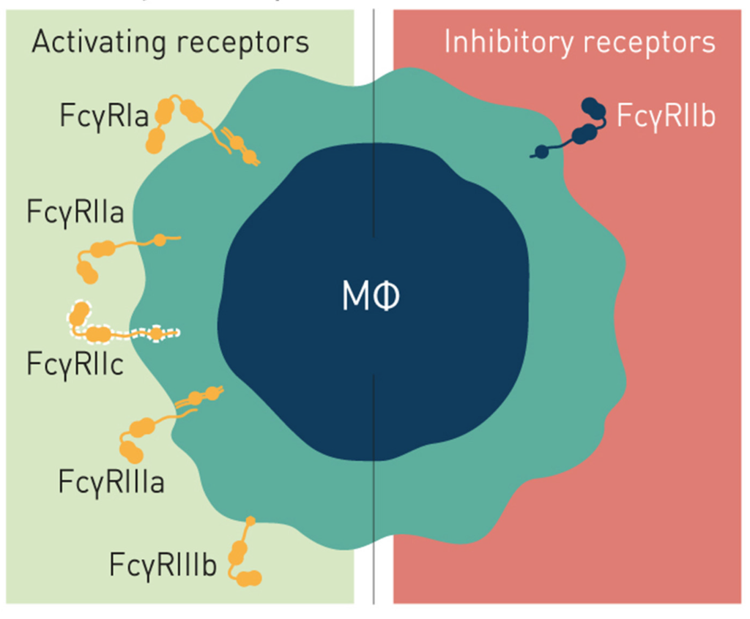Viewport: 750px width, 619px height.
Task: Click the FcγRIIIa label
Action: click(111, 483)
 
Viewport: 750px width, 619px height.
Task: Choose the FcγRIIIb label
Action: click(163, 566)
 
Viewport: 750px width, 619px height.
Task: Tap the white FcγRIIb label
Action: click(666, 116)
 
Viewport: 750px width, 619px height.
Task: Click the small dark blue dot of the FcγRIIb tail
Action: click(541, 152)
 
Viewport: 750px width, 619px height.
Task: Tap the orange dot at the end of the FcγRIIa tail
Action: click(160, 239)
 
